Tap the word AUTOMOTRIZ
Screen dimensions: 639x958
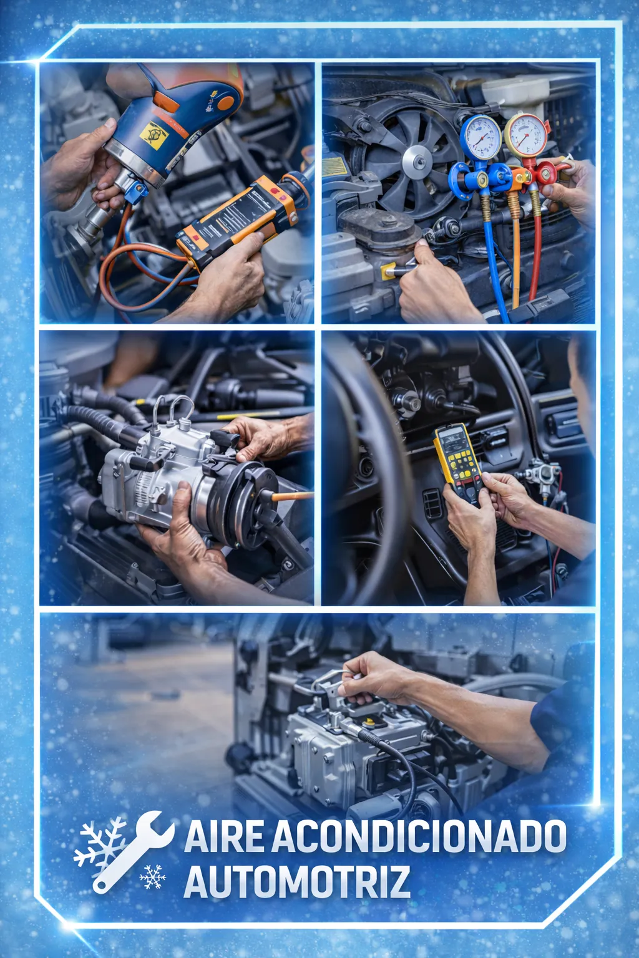pos(296,883)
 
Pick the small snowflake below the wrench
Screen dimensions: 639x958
pos(152,876)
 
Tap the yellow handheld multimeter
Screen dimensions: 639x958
pos(457,459)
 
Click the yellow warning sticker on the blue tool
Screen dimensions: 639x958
pos(154,135)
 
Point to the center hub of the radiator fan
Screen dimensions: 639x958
pos(417,162)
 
